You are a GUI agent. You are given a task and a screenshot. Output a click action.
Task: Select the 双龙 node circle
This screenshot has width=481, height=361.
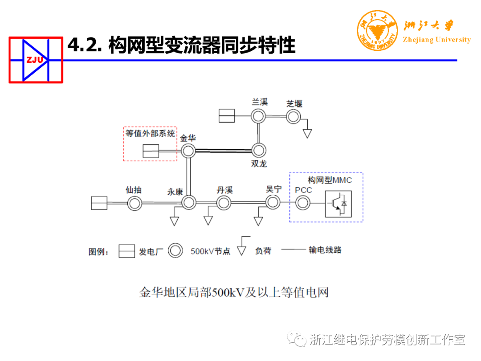coord(258,150)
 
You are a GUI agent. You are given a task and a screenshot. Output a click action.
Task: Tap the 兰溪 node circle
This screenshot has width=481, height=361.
coord(258,116)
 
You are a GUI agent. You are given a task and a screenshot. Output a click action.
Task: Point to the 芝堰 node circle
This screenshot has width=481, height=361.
coord(293,117)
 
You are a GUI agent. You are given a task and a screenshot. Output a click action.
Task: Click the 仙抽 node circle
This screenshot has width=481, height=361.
coord(134,204)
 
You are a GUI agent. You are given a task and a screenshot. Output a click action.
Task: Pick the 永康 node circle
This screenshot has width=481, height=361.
coord(188,203)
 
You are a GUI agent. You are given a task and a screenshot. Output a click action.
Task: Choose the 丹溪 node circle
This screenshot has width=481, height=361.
coord(224,203)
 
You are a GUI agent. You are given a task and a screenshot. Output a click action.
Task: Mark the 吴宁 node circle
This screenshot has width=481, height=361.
coord(273,203)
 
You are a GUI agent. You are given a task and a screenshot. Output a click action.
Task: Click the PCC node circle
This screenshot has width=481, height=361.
coord(303,203)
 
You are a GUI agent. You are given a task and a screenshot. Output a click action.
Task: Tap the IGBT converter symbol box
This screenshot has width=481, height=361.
coord(338,204)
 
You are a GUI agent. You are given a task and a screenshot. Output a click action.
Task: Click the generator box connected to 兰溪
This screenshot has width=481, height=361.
coord(227,116)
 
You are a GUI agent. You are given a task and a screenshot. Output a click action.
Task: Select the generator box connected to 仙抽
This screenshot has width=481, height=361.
coord(99,203)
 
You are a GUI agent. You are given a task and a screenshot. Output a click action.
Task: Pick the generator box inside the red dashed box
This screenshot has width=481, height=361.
coord(151,151)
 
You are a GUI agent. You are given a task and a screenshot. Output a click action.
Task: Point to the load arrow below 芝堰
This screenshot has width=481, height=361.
coord(307,133)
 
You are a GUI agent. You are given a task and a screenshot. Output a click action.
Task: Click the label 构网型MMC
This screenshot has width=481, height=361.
coord(330,180)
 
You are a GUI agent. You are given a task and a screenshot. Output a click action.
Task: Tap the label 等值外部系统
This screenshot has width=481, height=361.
coord(150,133)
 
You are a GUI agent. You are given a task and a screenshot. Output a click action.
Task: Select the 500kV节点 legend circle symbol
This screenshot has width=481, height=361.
coord(176,251)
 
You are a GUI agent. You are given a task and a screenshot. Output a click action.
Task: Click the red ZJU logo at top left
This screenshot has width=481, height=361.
coord(36,60)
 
